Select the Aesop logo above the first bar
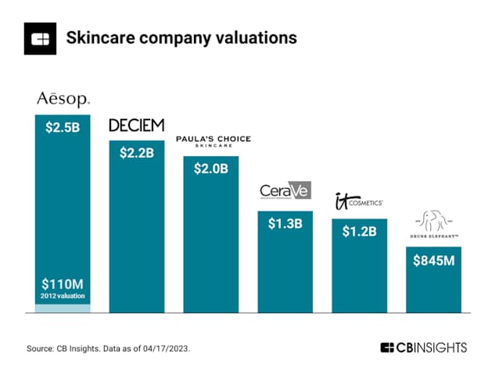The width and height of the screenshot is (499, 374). (63, 99)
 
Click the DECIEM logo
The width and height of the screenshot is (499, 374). (137, 126)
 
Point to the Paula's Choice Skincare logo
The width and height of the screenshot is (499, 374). (213, 141)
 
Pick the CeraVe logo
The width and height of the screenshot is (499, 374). (285, 192)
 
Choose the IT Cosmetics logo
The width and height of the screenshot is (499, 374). (358, 201)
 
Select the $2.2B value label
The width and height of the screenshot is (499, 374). (137, 153)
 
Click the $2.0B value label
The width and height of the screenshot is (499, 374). (211, 169)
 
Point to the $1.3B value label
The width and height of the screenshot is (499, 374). (285, 224)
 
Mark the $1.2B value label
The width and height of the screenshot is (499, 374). (359, 232)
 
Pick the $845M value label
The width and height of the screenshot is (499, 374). (433, 260)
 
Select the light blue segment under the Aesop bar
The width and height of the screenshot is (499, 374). (63, 308)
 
